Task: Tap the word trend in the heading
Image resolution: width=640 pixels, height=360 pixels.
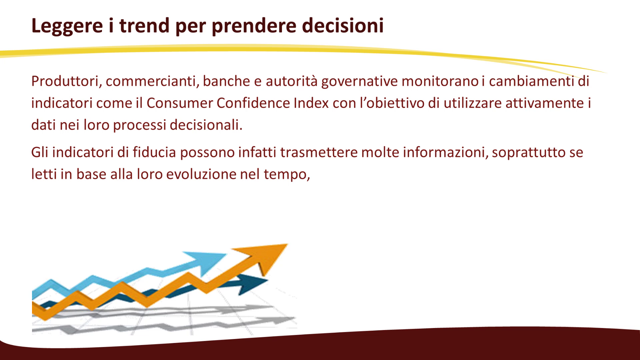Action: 144,25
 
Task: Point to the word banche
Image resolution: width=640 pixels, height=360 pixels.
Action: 226,81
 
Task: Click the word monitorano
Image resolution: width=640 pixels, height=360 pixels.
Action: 440,81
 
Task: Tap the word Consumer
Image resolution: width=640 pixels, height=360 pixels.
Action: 179,103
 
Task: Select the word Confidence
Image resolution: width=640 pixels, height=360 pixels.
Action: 253,103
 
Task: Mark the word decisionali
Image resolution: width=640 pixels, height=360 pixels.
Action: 206,125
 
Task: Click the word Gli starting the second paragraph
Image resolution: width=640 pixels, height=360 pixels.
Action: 40,152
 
